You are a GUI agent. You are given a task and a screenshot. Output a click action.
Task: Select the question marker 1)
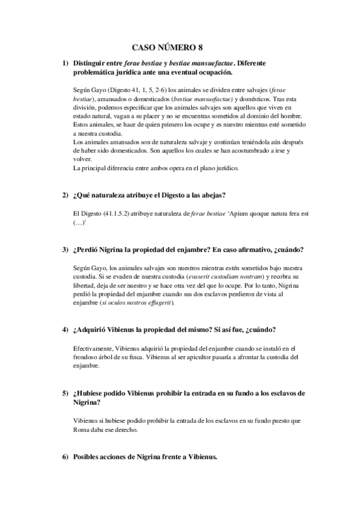point(64,63)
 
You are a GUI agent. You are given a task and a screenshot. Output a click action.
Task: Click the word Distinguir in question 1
point(90,63)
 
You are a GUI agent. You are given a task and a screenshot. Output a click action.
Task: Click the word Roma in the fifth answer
point(82,430)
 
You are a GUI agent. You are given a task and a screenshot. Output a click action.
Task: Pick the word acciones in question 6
point(118,457)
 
